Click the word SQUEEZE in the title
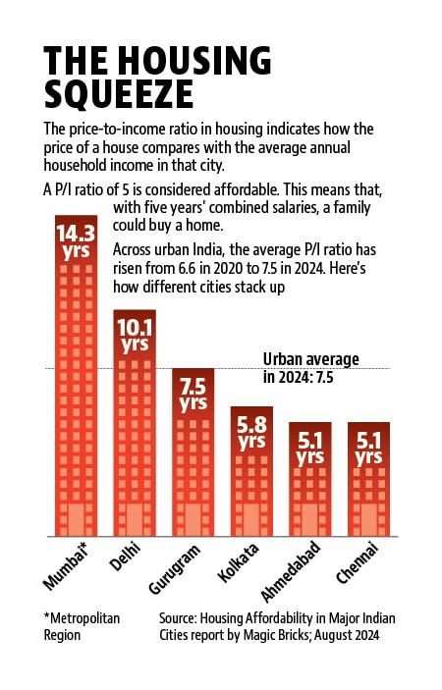119,94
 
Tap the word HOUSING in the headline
195,60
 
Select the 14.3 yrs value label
76,242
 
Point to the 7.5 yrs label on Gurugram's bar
193,395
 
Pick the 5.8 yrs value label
251,433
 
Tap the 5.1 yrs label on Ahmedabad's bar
310,449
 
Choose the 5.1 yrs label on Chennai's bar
369,449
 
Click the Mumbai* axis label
66,566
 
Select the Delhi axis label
125,557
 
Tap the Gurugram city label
174,569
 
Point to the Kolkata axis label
238,563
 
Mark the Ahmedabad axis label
291,572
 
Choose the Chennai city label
358,564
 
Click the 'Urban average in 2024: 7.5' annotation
310,368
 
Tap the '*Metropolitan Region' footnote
82,626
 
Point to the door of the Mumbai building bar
76,519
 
